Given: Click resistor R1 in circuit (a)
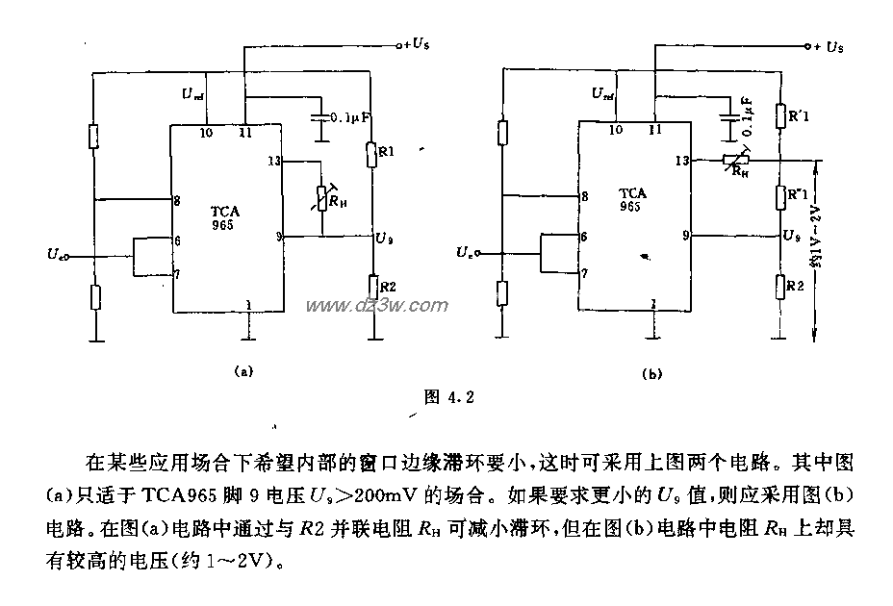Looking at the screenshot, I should tap(371, 153).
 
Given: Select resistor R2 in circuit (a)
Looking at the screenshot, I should tap(371, 286).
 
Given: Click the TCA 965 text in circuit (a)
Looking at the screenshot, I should tap(227, 216).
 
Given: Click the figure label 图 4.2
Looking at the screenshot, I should tap(450, 395).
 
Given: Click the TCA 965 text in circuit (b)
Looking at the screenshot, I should tap(633, 200).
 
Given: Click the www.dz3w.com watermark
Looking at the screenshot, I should tap(377, 305).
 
